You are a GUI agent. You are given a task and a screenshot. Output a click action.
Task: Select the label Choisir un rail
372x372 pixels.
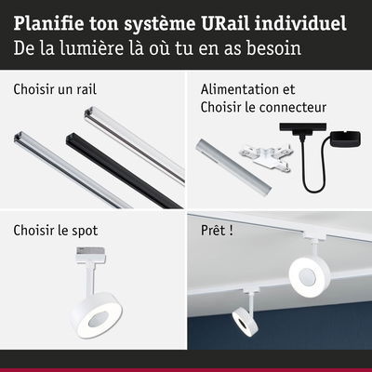pyautogui.click(x=55, y=90)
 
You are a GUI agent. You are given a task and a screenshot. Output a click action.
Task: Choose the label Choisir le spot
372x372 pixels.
pyautogui.click(x=55, y=229)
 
